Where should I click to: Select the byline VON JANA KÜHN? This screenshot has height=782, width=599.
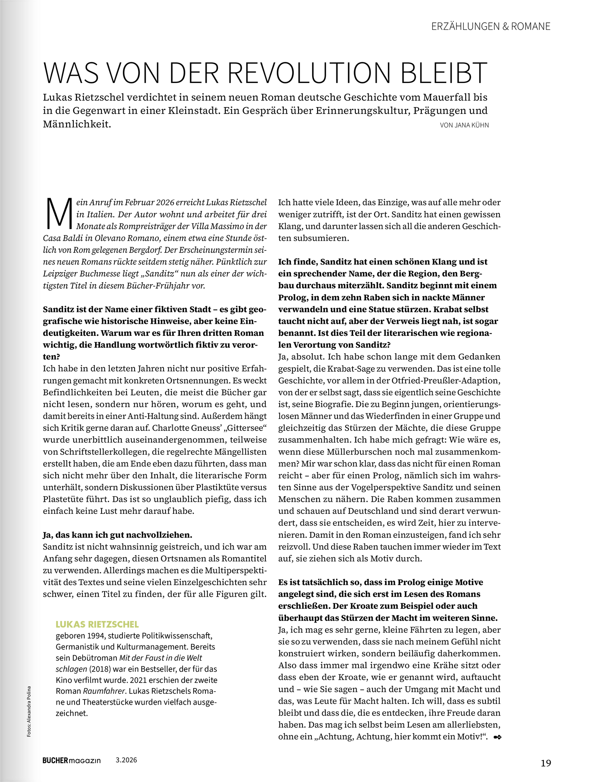(x=464, y=125)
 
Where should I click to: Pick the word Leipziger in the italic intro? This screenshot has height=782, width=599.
(x=60, y=274)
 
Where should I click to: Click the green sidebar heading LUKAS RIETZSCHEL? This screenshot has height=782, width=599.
(x=97, y=625)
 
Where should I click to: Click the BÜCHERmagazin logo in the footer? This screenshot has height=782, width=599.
(x=72, y=760)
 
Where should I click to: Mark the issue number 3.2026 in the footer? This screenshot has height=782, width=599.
(x=126, y=760)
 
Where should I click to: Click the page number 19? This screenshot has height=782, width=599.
(x=546, y=763)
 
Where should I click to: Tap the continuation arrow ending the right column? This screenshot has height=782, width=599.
(x=497, y=737)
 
